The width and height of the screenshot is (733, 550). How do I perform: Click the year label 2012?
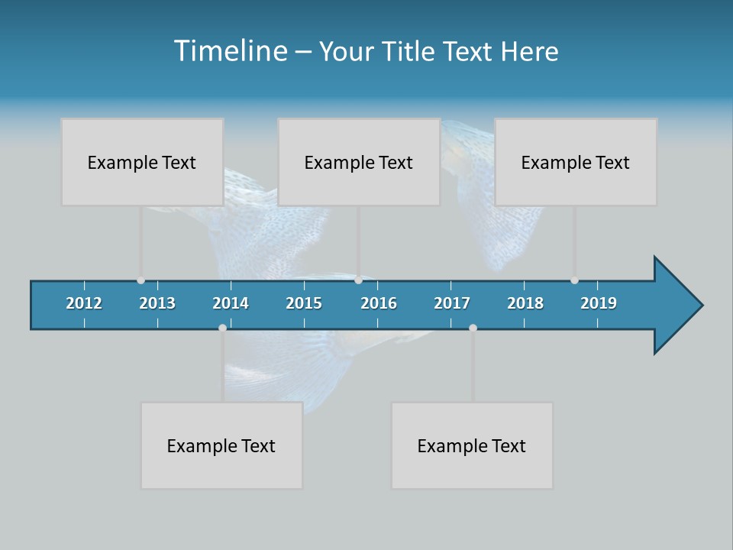[x=84, y=303]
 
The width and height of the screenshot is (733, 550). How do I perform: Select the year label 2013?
[x=157, y=303]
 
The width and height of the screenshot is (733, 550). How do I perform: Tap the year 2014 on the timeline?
[x=231, y=303]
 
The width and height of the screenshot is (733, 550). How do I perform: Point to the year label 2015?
[x=304, y=303]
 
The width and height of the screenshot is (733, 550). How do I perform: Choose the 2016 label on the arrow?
[x=379, y=303]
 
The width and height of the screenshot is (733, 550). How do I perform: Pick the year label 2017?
[x=452, y=303]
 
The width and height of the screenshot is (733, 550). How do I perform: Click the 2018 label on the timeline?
[x=525, y=303]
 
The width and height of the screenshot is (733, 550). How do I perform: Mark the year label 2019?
[x=599, y=303]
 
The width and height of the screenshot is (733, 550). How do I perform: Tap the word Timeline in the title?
[x=230, y=51]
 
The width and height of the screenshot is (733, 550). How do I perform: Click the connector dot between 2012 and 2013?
[x=140, y=280]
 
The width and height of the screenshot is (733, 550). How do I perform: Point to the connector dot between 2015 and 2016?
[x=358, y=280]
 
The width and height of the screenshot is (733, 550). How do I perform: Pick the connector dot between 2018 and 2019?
[x=574, y=280]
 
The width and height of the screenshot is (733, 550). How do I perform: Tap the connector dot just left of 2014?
[x=222, y=328]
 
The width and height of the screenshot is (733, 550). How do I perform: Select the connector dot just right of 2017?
[x=473, y=328]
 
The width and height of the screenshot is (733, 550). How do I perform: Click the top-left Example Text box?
[x=142, y=162]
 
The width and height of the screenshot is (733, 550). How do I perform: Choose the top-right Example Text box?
[x=576, y=162]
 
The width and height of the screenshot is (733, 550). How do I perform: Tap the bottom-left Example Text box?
[x=221, y=445]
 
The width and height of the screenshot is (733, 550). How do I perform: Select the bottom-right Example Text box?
[x=472, y=445]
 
